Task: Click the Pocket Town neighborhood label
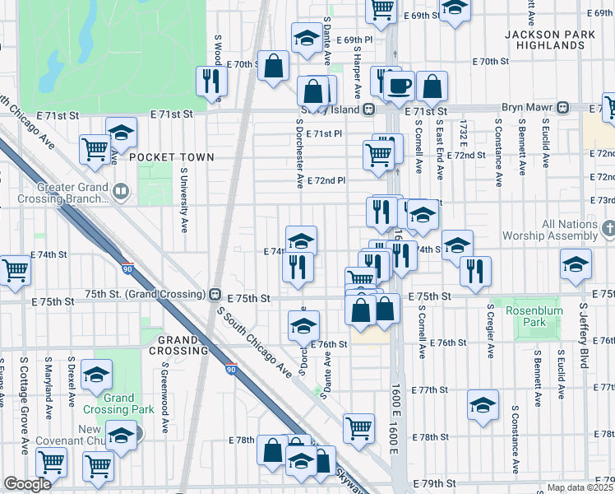pyautogui.click(x=171, y=156)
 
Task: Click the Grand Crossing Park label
pyautogui.click(x=118, y=403)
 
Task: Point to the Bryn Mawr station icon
pyautogui.click(x=563, y=107)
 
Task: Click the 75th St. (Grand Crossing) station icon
pyautogui.click(x=215, y=294)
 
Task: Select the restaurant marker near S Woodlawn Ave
pyautogui.click(x=211, y=80)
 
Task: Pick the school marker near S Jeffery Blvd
pyautogui.click(x=576, y=263)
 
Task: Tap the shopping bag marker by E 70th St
pyautogui.click(x=272, y=65)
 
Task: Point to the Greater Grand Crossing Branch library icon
pyautogui.click(x=121, y=193)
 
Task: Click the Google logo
pyautogui.click(x=27, y=484)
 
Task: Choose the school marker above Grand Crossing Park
pyautogui.click(x=97, y=375)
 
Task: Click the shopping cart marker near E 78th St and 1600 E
pyautogui.click(x=358, y=427)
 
